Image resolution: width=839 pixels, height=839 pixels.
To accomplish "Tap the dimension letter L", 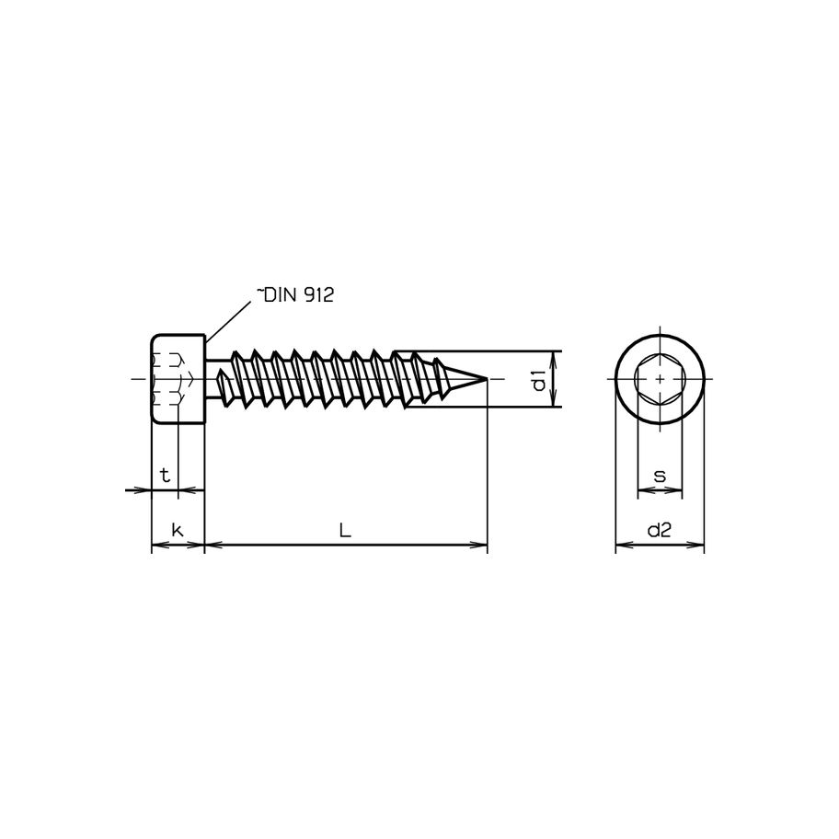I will (x=344, y=530).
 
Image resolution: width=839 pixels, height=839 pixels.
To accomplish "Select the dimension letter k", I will (x=177, y=530).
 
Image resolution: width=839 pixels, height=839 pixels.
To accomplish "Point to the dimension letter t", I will (x=165, y=476).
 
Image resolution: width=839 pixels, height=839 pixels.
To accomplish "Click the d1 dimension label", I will (x=541, y=379).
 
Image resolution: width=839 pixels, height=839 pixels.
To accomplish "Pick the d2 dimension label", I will (x=659, y=530).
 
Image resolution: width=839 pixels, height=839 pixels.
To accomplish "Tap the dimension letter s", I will (x=660, y=476).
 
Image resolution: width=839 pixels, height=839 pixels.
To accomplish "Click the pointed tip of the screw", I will (x=484, y=379).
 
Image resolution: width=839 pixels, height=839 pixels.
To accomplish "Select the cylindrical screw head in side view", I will (x=177, y=379).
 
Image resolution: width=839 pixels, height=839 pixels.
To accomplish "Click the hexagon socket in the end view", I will (x=660, y=379).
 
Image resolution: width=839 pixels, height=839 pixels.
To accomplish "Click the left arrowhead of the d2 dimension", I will (x=621, y=546).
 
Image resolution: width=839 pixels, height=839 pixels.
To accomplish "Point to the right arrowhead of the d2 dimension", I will (x=698, y=546).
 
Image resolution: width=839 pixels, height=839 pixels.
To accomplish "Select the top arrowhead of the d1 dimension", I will (x=553, y=357).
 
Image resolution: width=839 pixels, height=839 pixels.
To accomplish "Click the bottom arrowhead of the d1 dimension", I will (x=553, y=401).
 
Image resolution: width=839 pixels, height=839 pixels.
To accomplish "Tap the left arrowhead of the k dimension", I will (x=156, y=546).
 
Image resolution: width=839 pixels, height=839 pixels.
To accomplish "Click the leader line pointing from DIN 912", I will (x=230, y=318).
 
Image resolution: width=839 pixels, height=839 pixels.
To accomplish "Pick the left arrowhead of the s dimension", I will (x=642, y=491).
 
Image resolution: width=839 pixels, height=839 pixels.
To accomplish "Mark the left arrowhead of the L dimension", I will (x=210, y=546).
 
